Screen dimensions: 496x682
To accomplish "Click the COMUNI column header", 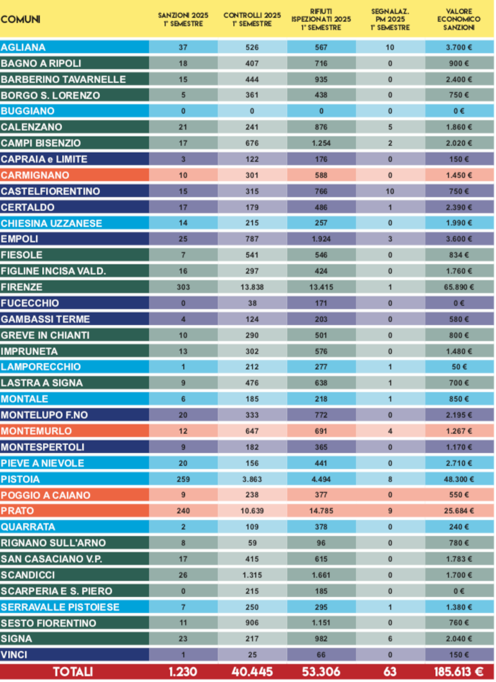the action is pyautogui.click(x=20, y=20).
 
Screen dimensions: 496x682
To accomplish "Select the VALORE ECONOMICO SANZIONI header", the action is pyautogui.click(x=459, y=20).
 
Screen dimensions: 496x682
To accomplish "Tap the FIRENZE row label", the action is pyautogui.click(x=22, y=287).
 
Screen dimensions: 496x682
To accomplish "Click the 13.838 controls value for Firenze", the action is pyautogui.click(x=252, y=287).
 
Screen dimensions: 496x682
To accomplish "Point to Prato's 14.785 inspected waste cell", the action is pyautogui.click(x=321, y=511).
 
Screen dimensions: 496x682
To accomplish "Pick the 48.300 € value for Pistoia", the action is pyautogui.click(x=459, y=479).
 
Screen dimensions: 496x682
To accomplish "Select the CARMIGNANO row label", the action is pyautogui.click(x=35, y=175).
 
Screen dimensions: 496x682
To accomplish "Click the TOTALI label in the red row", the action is pyautogui.click(x=73, y=672).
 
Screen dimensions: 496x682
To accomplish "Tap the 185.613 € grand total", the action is pyautogui.click(x=459, y=672).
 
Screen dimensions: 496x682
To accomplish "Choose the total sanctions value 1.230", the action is pyautogui.click(x=183, y=672).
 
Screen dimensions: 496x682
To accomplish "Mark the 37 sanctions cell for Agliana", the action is pyautogui.click(x=183, y=47).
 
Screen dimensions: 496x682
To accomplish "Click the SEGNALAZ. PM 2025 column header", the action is pyautogui.click(x=390, y=20).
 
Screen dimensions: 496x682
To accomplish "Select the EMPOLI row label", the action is pyautogui.click(x=20, y=239).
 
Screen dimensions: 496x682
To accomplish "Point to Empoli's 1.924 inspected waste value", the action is pyautogui.click(x=321, y=239).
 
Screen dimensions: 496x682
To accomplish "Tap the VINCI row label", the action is pyautogui.click(x=14, y=655).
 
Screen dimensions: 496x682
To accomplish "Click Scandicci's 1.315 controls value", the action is pyautogui.click(x=252, y=575).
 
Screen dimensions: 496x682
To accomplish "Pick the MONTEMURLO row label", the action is pyautogui.click(x=36, y=431).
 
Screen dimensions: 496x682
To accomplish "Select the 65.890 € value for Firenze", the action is pyautogui.click(x=459, y=287).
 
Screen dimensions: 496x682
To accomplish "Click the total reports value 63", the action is pyautogui.click(x=390, y=672).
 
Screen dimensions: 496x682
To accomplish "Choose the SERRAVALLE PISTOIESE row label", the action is pyautogui.click(x=60, y=607).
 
